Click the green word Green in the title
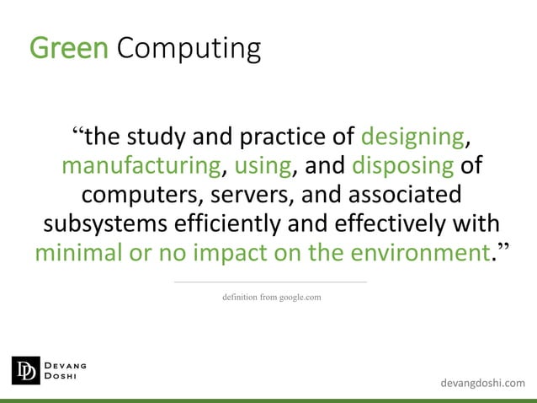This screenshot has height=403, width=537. (69, 48)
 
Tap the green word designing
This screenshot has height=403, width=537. (412, 137)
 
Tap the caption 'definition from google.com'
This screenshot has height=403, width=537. (270, 297)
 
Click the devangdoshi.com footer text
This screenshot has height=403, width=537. (482, 384)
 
